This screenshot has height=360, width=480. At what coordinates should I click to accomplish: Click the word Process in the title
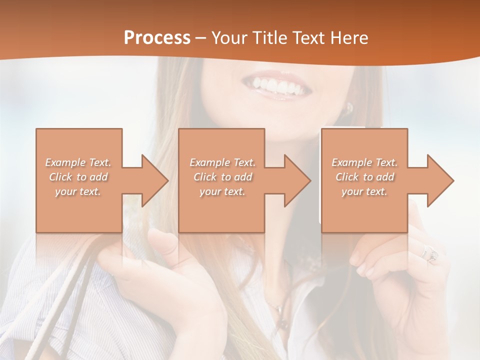157,38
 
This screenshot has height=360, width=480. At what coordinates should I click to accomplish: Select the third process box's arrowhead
439,180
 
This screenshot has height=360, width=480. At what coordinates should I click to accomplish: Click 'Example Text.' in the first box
78,162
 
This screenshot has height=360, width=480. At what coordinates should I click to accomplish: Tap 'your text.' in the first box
78,191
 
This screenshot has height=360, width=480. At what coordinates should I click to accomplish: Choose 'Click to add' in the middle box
222,177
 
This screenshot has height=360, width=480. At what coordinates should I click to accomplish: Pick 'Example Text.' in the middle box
222,162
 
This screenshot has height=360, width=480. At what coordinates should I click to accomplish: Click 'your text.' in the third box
364,191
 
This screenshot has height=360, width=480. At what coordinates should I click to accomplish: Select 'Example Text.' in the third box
364,162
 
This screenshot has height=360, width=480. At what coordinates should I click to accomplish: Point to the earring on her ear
349,107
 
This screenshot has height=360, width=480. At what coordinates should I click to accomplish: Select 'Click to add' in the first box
78,177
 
